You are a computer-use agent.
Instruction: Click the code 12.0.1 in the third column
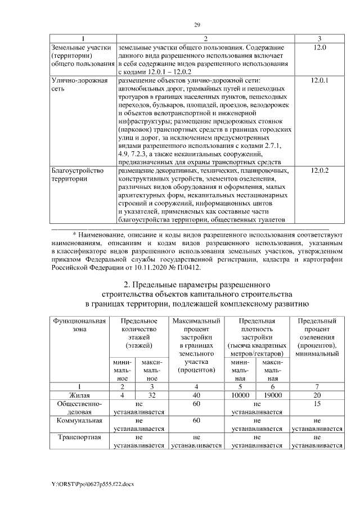[x=319, y=80]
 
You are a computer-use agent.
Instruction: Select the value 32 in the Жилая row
[x=149, y=395]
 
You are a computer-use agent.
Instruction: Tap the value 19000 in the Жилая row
[x=272, y=395]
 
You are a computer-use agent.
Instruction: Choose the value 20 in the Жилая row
[x=317, y=395]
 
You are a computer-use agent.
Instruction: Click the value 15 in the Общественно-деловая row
[x=317, y=404]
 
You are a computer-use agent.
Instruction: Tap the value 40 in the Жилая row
[x=196, y=395]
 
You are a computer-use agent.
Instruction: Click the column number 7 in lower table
[x=317, y=387]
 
